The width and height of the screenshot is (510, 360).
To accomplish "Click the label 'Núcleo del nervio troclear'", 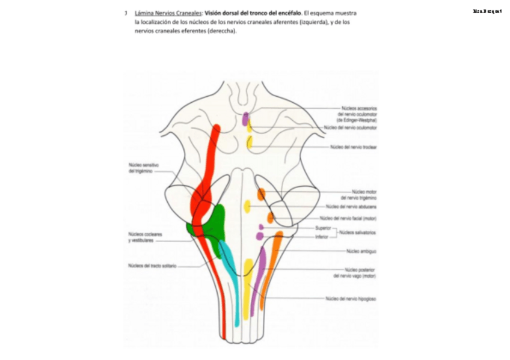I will click(353, 147).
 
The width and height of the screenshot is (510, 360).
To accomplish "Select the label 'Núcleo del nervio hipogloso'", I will click(351, 298).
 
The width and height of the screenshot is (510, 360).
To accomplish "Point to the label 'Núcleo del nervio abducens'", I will click(351, 206).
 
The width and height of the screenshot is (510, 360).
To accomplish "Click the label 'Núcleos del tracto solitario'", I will click(152, 266).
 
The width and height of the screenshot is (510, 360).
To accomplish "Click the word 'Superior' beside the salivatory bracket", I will click(323, 228).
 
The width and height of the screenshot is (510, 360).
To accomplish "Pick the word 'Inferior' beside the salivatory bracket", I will click(322, 237).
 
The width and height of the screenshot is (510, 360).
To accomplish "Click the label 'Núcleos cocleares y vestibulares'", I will click(144, 237).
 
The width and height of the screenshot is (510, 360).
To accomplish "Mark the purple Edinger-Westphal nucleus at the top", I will click(245, 118).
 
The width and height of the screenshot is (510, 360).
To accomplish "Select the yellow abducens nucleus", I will click(247, 206).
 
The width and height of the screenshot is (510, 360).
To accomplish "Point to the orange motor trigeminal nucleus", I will click(261, 194).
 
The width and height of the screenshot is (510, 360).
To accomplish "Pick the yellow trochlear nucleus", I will click(250, 143).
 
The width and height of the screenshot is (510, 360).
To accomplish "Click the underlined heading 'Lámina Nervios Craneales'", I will click(168, 13).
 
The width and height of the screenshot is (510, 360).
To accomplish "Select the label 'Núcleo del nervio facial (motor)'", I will click(348, 218).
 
